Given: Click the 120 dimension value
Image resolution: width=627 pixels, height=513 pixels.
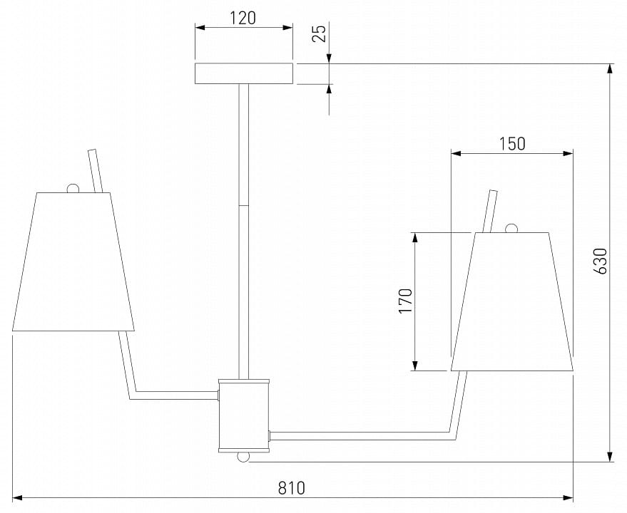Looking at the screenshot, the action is pyautogui.click(x=243, y=18).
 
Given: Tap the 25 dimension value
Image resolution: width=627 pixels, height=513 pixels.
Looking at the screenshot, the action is pyautogui.click(x=320, y=33).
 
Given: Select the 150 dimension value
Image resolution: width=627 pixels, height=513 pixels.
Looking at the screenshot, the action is pyautogui.click(x=512, y=144).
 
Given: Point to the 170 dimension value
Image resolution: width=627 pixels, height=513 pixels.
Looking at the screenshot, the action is pyautogui.click(x=405, y=301).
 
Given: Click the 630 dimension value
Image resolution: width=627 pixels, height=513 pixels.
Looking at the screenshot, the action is pyautogui.click(x=601, y=261).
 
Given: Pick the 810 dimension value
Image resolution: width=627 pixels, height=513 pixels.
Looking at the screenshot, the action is pyautogui.click(x=292, y=488).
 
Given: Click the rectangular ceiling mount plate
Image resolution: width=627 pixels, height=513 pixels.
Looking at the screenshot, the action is pyautogui.click(x=243, y=73).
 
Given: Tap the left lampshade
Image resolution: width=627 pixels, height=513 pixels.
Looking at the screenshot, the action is pyautogui.click(x=73, y=261).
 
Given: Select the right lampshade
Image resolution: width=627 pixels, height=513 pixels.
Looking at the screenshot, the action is pyautogui.click(x=512, y=301).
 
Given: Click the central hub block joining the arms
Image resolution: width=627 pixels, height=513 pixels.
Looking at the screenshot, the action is pyautogui.click(x=244, y=415).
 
